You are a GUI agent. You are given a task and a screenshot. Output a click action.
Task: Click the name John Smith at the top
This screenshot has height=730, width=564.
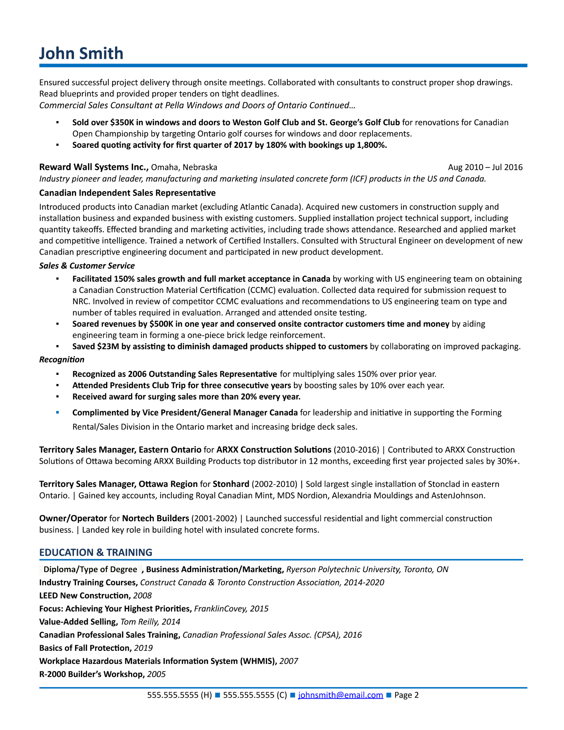(81, 54)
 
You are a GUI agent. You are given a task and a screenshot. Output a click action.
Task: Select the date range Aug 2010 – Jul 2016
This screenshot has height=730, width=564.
(485, 167)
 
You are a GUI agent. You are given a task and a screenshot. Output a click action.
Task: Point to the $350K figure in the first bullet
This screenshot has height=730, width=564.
(122, 122)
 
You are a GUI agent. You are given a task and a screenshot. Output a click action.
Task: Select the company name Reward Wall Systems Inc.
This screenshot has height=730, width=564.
(94, 167)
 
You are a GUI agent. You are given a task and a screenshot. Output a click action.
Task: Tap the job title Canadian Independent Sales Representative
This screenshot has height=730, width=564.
(127, 193)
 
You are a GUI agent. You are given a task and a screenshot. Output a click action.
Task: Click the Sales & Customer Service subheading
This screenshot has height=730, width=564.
(87, 266)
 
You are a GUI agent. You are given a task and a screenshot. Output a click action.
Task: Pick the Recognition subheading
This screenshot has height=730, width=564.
(62, 360)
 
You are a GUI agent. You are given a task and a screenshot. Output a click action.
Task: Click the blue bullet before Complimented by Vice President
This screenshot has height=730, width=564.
(58, 412)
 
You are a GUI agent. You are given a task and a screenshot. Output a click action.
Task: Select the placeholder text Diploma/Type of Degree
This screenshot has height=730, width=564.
(90, 569)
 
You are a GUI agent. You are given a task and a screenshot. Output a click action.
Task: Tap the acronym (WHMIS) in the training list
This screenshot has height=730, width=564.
(258, 661)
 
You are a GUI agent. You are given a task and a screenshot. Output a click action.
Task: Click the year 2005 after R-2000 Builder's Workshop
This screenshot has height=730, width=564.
(156, 674)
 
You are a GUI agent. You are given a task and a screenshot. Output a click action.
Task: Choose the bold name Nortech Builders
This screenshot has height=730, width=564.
(155, 518)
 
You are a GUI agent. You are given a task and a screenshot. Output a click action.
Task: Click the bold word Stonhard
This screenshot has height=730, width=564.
(231, 484)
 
